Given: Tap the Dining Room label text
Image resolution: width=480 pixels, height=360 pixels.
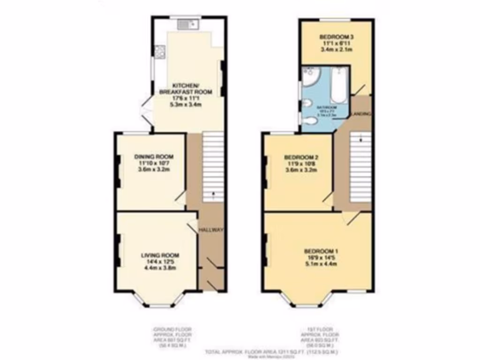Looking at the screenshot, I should [154, 157].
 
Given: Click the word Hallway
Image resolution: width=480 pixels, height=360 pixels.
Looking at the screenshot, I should [210, 230].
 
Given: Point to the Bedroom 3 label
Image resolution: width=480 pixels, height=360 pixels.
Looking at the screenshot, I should [336, 37].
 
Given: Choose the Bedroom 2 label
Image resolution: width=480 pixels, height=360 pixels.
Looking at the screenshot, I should [301, 157].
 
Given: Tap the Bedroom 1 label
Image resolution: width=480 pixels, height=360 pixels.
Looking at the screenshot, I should [321, 251].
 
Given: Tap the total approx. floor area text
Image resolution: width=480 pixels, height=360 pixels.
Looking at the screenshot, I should [272, 352].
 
